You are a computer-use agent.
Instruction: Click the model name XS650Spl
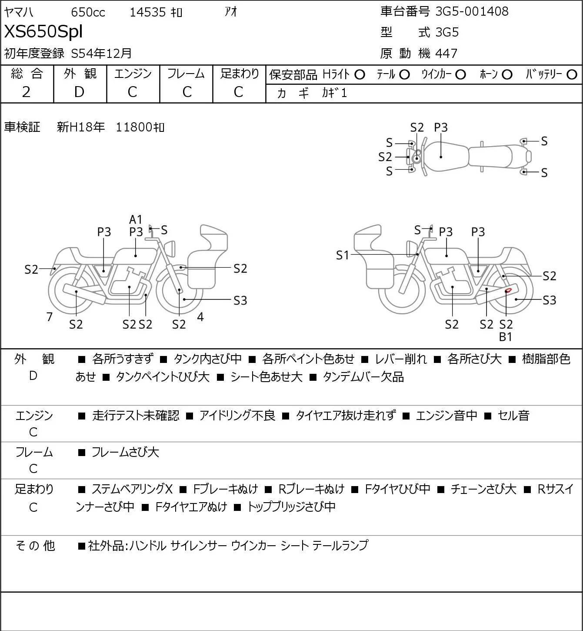(43, 32)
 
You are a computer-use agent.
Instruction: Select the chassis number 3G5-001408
(472, 11)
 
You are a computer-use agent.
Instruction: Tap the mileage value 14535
(148, 12)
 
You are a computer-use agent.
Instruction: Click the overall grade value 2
(26, 92)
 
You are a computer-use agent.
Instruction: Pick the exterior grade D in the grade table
(79, 92)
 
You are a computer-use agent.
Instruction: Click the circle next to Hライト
(360, 75)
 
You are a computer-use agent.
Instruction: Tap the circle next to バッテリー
(572, 75)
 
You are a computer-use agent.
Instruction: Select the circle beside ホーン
(507, 75)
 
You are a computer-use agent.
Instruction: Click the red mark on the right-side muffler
(508, 290)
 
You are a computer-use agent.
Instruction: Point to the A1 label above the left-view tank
(136, 219)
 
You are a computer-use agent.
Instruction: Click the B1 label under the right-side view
(506, 337)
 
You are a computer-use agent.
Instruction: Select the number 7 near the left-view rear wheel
(49, 317)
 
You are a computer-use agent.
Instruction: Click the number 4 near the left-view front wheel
(200, 317)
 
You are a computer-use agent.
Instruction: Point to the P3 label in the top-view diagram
(441, 128)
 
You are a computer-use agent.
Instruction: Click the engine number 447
(446, 54)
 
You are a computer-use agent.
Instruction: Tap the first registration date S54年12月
(101, 53)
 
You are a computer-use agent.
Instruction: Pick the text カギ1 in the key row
(334, 93)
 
